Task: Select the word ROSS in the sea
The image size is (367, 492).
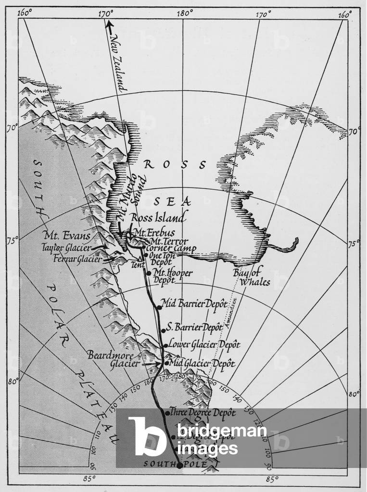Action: point(175,165)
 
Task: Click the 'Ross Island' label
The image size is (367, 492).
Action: point(158,218)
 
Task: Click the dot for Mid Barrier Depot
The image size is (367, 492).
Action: point(160,307)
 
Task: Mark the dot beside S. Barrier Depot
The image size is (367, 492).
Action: point(164,330)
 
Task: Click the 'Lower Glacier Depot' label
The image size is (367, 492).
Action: point(204,344)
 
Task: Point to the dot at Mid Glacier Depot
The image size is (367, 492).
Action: point(166,363)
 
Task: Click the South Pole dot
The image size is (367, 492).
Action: point(179,465)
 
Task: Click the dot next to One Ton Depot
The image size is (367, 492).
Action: point(146,255)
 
